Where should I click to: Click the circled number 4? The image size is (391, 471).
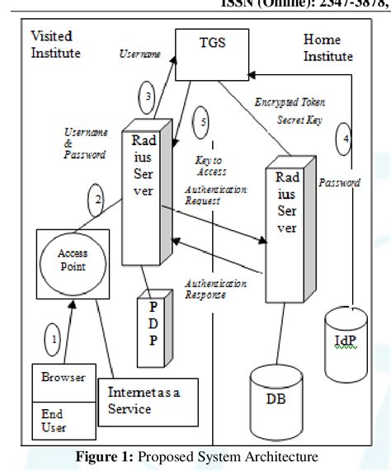pyautogui.click(x=347, y=140)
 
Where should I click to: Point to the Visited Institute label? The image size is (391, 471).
pyautogui.click(x=57, y=45)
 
